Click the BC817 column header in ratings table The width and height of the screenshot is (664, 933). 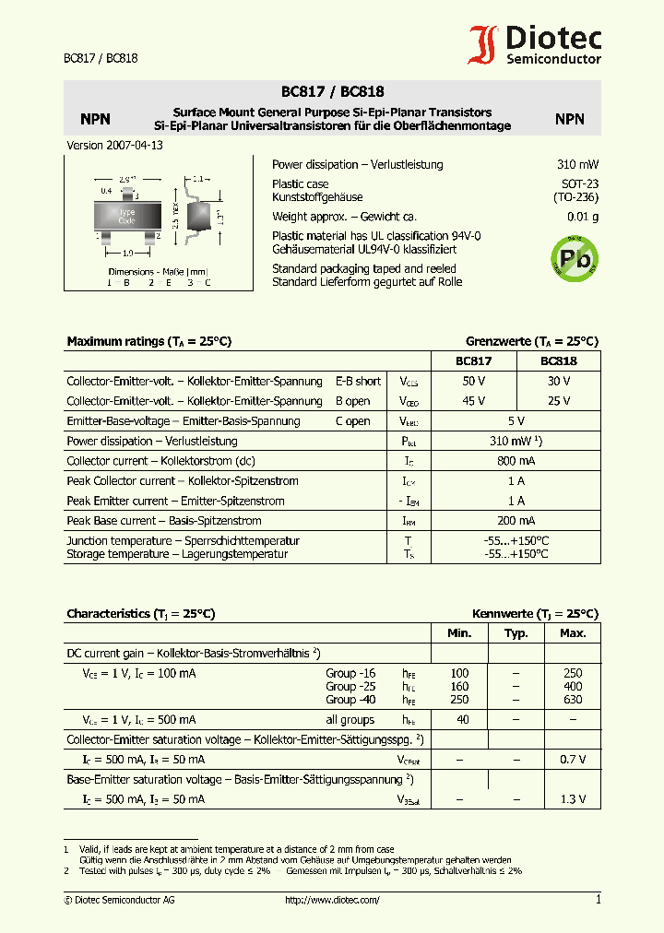pyautogui.click(x=474, y=360)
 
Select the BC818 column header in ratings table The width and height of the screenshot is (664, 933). pyautogui.click(x=558, y=360)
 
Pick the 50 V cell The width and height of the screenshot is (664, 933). pyautogui.click(x=474, y=381)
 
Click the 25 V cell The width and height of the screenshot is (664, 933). pyautogui.click(x=558, y=401)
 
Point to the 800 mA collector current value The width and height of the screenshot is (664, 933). pyautogui.click(x=516, y=461)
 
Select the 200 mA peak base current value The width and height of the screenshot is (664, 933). pyautogui.click(x=516, y=521)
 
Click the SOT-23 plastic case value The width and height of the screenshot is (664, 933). pyautogui.click(x=579, y=184)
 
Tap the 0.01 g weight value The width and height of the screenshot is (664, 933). pyautogui.click(x=583, y=217)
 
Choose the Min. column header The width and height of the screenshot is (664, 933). pyautogui.click(x=459, y=633)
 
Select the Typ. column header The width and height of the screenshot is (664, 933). pyautogui.click(x=516, y=633)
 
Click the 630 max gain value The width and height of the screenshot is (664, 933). pyautogui.click(x=572, y=700)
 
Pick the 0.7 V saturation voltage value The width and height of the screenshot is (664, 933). pyautogui.click(x=572, y=759)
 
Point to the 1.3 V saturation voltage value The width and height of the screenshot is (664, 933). pyautogui.click(x=572, y=798)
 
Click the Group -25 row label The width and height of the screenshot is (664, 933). pyautogui.click(x=350, y=687)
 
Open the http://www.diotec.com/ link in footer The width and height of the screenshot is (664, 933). pyautogui.click(x=332, y=900)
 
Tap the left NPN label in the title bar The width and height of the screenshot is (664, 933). pyautogui.click(x=95, y=119)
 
